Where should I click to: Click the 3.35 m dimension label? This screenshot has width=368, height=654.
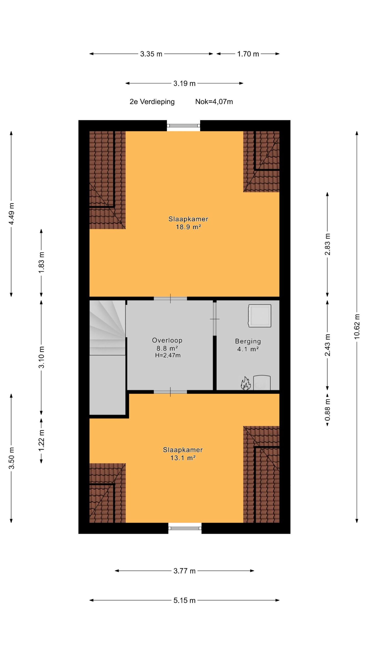[151, 54]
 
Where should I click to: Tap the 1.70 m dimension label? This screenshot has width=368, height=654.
[248, 54]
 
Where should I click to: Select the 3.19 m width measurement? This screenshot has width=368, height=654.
[184, 83]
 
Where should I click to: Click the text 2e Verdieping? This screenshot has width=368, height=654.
[152, 102]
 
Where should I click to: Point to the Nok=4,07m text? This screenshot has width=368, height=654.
[214, 102]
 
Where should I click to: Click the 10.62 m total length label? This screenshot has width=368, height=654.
[357, 326]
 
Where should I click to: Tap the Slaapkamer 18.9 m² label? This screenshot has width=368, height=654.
[188, 223]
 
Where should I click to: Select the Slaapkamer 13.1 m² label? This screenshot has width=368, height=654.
[183, 454]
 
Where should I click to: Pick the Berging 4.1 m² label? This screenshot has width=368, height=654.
[248, 345]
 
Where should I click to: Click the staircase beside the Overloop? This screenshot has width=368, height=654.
[107, 328]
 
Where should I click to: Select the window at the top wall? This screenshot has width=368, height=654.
[183, 125]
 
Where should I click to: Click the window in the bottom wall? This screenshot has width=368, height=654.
[185, 528]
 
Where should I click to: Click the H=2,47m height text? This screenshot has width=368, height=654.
[168, 355]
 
